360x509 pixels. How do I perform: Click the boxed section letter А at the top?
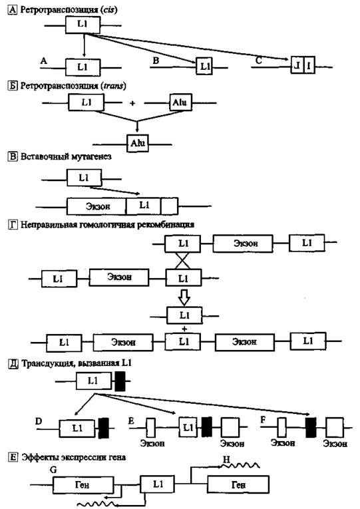click(x=12, y=10)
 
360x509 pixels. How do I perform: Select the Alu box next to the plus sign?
click(x=180, y=102)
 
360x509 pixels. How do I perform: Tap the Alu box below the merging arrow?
click(x=137, y=143)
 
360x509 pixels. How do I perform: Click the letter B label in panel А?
click(x=156, y=61)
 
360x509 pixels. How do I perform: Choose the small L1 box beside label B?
click(x=204, y=67)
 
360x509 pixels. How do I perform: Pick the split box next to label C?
click(x=303, y=65)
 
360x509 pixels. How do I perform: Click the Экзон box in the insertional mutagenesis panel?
click(x=96, y=206)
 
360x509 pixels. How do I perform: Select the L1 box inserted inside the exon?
click(x=144, y=206)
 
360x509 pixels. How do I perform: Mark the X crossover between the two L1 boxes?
click(x=183, y=261)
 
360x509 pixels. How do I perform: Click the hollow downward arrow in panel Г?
click(x=184, y=297)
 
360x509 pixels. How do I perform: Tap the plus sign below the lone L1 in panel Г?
click(x=184, y=329)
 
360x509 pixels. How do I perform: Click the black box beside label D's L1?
click(x=104, y=428)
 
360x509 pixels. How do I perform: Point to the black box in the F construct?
click(x=311, y=428)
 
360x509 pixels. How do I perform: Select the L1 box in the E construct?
click(x=188, y=427)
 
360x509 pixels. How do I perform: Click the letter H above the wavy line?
click(x=226, y=460)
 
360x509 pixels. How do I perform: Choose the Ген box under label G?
click(x=83, y=485)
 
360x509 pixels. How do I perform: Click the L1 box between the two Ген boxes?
click(x=158, y=484)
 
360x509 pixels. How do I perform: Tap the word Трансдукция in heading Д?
click(x=45, y=363)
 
